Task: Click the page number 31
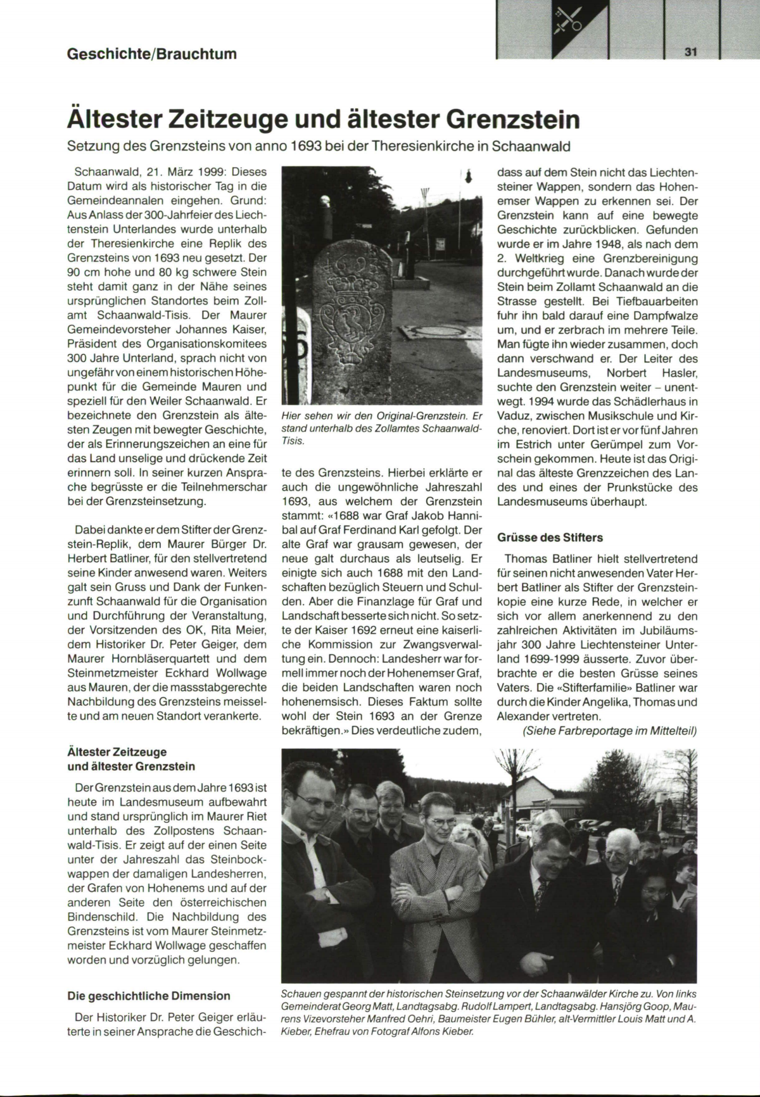coord(690,53)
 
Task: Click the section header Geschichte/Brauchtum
coord(152,54)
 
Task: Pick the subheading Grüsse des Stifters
coord(550,537)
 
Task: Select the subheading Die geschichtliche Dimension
coord(149,996)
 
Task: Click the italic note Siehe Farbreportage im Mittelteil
coord(609,731)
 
